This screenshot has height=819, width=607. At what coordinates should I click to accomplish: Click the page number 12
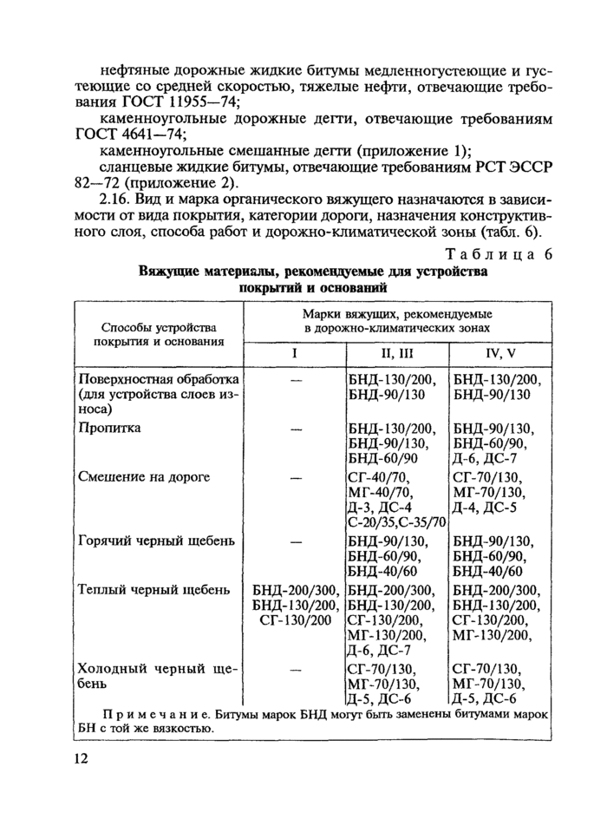coord(80,759)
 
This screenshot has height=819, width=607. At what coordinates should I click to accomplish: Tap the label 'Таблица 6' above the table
coord(499,254)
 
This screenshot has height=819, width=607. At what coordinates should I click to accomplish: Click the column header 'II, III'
coord(396,354)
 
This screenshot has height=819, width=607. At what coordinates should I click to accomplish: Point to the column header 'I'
coord(295,354)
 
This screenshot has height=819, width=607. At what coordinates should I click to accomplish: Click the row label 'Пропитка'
coord(110,428)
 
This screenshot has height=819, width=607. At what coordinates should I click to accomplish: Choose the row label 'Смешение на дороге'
coord(144,477)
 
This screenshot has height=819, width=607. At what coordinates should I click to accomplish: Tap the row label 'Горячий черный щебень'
coord(156,541)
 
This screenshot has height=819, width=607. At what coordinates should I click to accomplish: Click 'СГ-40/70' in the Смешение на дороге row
coord(378,477)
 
